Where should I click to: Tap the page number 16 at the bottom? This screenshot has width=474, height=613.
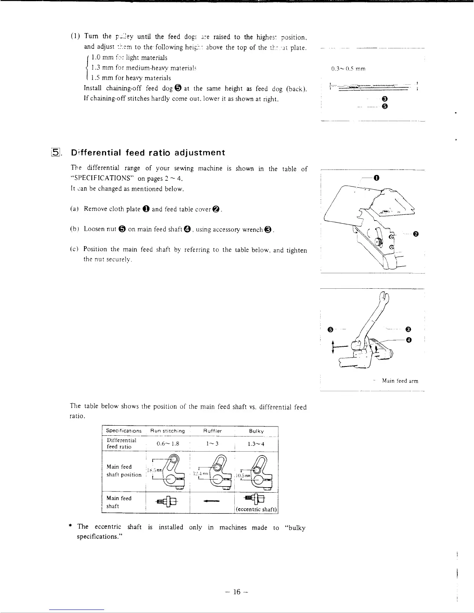click(237, 592)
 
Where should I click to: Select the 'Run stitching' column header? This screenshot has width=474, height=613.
click(167, 431)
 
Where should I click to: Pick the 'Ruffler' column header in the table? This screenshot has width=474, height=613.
click(213, 431)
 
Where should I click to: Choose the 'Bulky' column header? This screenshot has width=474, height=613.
click(256, 431)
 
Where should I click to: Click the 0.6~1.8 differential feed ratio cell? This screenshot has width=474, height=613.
click(168, 444)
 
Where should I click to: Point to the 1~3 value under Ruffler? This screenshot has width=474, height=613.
click(213, 444)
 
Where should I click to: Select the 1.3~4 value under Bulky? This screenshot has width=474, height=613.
click(256, 444)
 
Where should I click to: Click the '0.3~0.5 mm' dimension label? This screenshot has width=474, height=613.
click(349, 69)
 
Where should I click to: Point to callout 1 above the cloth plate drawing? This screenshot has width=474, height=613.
click(376, 178)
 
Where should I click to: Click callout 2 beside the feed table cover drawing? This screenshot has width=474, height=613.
click(416, 234)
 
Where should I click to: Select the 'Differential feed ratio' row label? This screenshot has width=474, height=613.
click(122, 443)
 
